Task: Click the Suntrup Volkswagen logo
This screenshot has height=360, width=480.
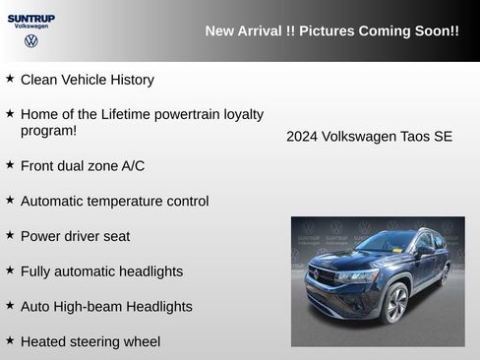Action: point(31,29)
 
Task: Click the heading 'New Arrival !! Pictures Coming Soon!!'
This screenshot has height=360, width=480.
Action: point(331,31)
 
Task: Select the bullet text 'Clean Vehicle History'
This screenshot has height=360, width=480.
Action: point(87,80)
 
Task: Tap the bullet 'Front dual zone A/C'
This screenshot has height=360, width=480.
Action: point(83,165)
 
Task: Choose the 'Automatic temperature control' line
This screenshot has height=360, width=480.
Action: point(114,201)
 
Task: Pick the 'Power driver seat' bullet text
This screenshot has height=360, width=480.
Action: point(75,236)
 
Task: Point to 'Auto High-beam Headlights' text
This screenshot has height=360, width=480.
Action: point(106,307)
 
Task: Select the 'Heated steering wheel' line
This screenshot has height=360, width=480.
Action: point(90,341)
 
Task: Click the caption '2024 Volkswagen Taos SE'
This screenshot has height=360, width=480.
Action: point(370,137)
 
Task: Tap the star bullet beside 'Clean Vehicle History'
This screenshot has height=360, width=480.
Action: point(10,78)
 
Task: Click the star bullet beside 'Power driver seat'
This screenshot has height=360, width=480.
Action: point(10,234)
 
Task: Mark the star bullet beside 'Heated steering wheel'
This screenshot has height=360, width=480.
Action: point(10,339)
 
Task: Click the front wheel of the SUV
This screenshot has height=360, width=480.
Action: point(396,304)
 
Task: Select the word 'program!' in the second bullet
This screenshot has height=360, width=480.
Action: point(48,131)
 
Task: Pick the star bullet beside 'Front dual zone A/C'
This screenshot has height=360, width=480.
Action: point(10,163)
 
